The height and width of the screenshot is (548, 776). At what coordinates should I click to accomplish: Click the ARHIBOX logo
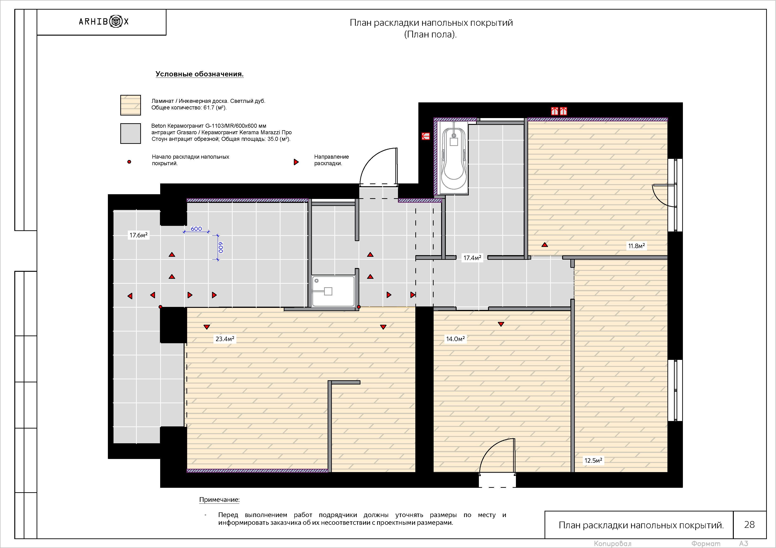[104, 22]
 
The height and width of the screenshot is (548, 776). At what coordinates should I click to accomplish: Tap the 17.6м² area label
[139, 235]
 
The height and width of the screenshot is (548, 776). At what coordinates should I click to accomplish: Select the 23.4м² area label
[225, 339]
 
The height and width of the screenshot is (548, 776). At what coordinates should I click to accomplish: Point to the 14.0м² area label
[455, 339]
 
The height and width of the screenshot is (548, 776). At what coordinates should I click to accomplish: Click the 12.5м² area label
[593, 460]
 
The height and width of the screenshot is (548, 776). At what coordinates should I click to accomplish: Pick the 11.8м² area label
[636, 246]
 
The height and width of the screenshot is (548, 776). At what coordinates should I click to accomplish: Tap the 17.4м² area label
[472, 258]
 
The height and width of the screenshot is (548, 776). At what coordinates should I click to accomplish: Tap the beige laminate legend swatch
[130, 105]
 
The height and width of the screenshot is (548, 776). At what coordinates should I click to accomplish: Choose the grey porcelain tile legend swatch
[130, 133]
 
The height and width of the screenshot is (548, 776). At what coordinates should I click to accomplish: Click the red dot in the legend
[129, 162]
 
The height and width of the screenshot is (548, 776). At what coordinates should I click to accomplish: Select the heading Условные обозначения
[199, 74]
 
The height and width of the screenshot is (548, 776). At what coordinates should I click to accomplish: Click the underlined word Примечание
[219, 500]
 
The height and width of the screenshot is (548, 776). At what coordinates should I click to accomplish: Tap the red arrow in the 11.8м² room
[545, 244]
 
